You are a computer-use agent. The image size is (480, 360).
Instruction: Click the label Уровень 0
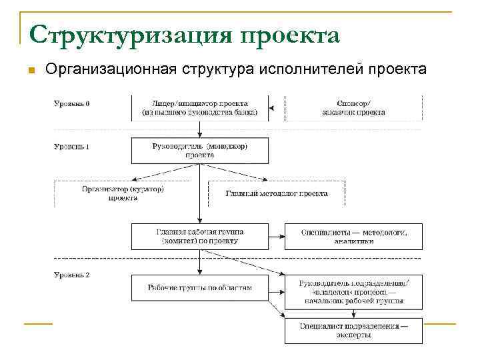tap(71, 104)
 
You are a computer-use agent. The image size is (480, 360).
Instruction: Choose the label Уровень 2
tap(71, 274)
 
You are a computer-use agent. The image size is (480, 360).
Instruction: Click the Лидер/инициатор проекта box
tap(199, 108)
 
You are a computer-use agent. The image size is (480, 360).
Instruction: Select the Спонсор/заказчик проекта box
tap(353, 108)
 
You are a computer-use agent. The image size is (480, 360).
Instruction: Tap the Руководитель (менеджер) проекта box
tap(199, 150)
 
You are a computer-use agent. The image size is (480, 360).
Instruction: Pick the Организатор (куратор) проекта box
tap(123, 193)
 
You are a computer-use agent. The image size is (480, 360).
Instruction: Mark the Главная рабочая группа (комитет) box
tap(199, 236)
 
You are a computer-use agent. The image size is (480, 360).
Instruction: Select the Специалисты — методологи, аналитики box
tap(353, 236)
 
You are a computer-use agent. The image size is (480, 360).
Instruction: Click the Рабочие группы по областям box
tap(199, 287)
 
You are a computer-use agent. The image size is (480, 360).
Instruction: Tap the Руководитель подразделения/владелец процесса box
tap(353, 292)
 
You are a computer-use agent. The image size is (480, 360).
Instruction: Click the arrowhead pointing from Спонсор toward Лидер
tap(271, 108)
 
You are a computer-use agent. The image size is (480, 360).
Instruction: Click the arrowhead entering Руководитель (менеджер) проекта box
tap(199, 135)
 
